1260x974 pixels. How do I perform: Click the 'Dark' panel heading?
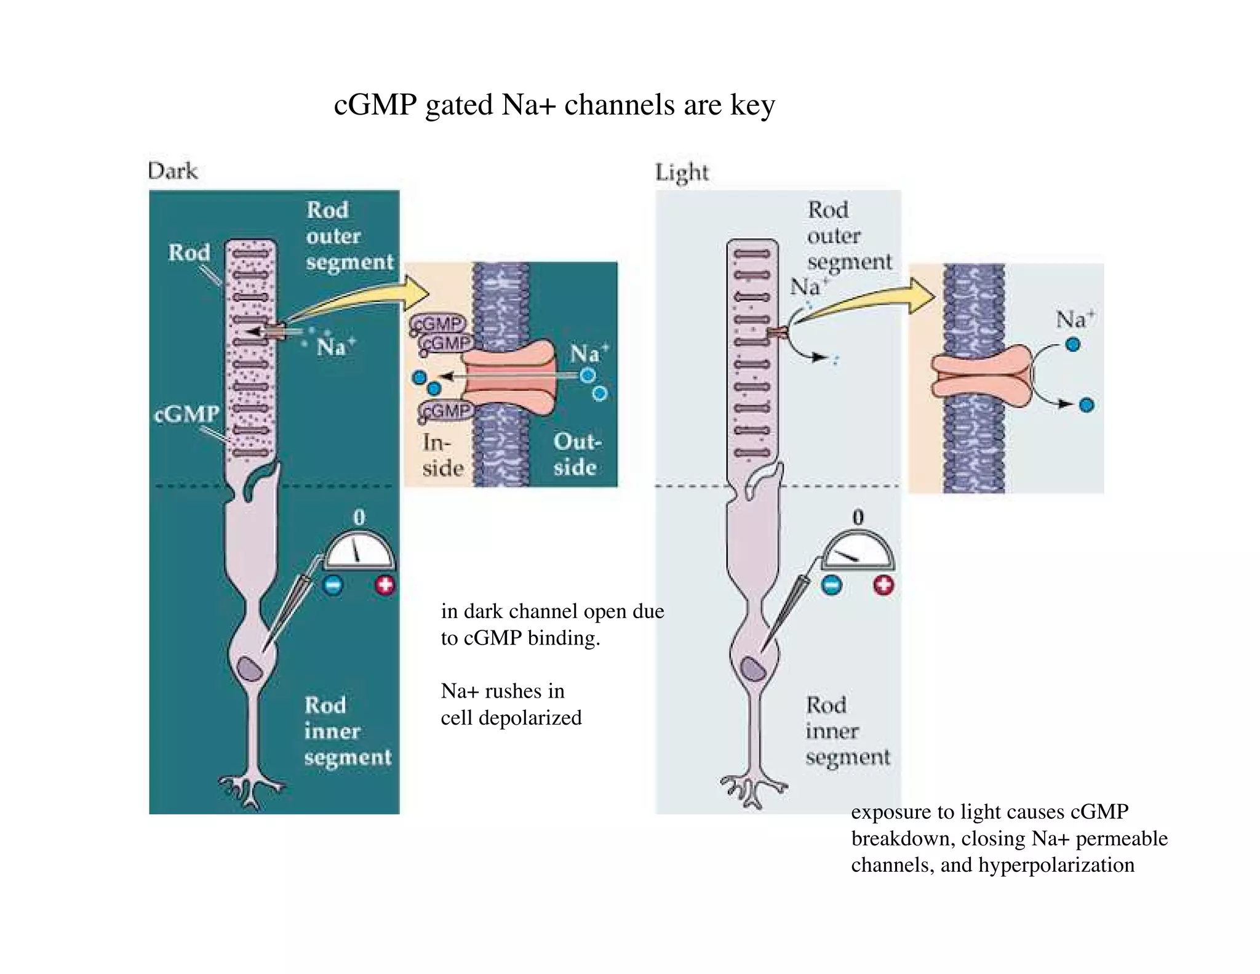[x=173, y=171]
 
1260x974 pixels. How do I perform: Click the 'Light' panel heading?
[x=682, y=172]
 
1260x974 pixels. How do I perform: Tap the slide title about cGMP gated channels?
[x=554, y=105]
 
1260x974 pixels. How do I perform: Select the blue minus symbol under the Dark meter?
[x=333, y=584]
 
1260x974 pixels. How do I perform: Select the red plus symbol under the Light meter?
[x=883, y=584]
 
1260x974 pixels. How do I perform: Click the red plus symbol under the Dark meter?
[x=385, y=584]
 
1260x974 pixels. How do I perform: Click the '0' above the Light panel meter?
[x=858, y=517]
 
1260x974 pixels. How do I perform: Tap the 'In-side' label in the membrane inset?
[x=442, y=455]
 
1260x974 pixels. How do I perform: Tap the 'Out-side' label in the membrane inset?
[x=575, y=454]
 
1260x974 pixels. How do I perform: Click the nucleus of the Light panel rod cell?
[x=752, y=669]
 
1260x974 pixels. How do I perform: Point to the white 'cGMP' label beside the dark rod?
[x=186, y=414]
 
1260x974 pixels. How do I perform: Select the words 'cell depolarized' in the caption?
[x=511, y=718]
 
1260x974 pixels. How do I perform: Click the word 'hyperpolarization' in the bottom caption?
[x=1056, y=865]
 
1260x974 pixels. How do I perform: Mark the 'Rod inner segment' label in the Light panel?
[x=847, y=731]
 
